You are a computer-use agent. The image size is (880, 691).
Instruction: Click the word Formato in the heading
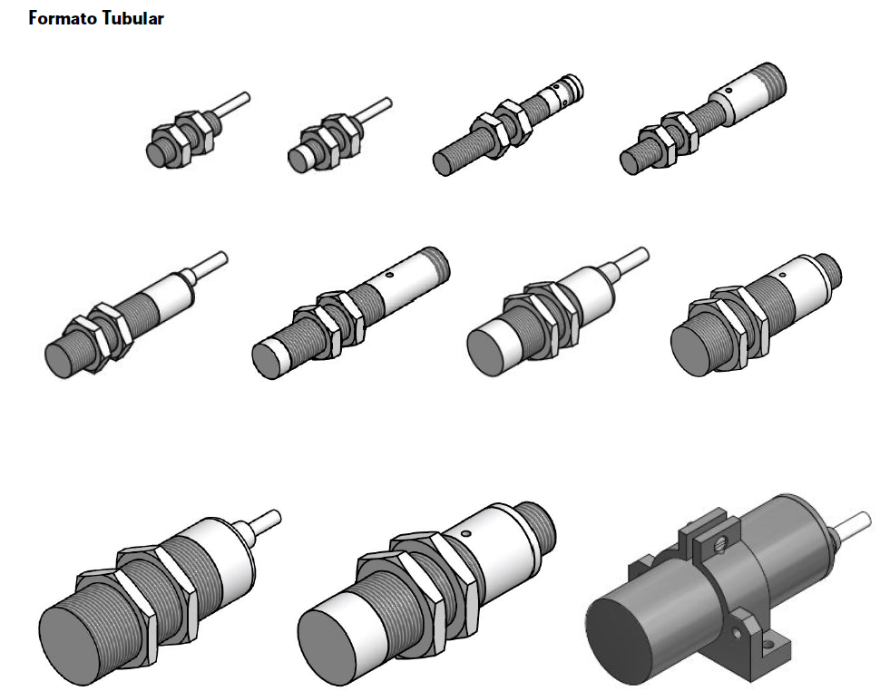[63, 18]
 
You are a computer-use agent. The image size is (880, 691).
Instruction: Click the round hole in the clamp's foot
[737, 632]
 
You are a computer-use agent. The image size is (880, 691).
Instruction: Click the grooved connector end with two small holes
[562, 92]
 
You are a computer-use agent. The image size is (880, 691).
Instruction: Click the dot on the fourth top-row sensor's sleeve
[728, 90]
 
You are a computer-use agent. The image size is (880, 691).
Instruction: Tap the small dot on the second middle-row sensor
[389, 276]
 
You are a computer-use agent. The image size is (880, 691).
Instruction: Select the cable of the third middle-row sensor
[628, 262]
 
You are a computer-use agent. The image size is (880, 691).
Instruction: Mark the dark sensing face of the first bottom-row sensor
[70, 646]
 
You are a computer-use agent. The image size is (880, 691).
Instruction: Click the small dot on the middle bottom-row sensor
[464, 533]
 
